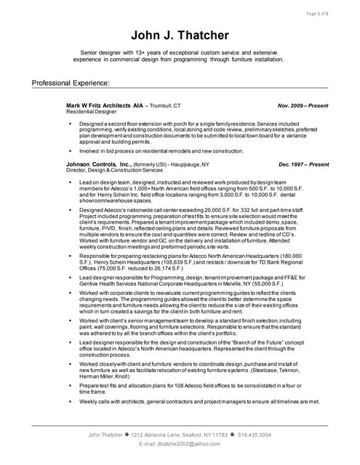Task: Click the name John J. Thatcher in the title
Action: (179, 34)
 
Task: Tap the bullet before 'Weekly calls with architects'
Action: (71, 401)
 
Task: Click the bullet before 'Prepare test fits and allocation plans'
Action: (71, 384)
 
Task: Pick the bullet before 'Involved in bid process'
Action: (71, 150)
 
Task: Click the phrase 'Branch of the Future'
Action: (271, 341)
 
